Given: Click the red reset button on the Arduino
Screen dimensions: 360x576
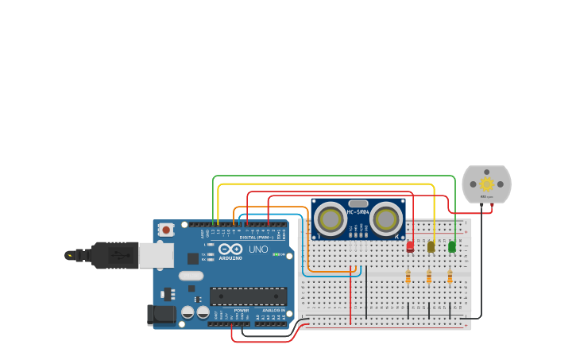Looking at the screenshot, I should tap(165, 230).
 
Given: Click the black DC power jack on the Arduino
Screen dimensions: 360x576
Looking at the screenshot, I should tap(161, 315).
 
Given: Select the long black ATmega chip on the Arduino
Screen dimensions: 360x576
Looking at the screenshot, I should tap(248, 296).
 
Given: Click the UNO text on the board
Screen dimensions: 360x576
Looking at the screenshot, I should tap(258, 250).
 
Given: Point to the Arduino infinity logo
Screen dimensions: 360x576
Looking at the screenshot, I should tap(230, 249).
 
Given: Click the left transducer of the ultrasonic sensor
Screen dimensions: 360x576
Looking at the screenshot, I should tap(330, 219).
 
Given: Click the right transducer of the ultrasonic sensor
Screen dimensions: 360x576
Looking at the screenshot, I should tap(386, 219).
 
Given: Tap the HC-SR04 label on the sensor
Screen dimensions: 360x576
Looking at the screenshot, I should tap(358, 212).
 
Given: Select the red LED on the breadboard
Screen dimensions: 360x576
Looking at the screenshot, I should tap(410, 246).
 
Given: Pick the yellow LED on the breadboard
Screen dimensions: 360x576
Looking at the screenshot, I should tap(431, 246).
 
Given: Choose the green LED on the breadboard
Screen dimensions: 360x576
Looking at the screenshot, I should tap(451, 246).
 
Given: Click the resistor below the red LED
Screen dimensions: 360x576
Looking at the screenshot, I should tap(408, 277).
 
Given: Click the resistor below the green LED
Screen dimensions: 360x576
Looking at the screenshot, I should tap(450, 277).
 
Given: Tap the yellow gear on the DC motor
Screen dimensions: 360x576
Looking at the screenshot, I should tap(486, 184).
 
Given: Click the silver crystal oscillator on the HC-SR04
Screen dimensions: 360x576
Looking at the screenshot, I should tap(358, 203).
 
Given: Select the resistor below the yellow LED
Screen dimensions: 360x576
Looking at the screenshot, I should tap(429, 277).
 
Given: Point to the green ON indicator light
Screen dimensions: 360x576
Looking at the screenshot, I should tap(276, 254).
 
